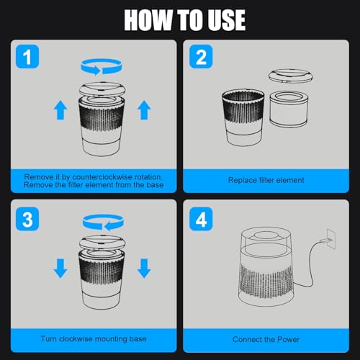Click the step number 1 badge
pos(27,57)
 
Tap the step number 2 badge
pos(201,57)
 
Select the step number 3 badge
pos(27,219)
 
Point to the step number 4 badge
pos(201,219)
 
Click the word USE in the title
pos(227,20)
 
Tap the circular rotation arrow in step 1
pos(102,66)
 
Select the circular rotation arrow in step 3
pos(103,222)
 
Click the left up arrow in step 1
pos(60,110)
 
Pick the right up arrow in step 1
pos(144,110)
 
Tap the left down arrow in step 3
pos(60,269)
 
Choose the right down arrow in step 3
pos(144,269)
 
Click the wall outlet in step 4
pos(330,240)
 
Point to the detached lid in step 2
pos(291,76)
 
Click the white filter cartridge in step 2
pos(289,109)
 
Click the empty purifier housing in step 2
pos(243,117)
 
